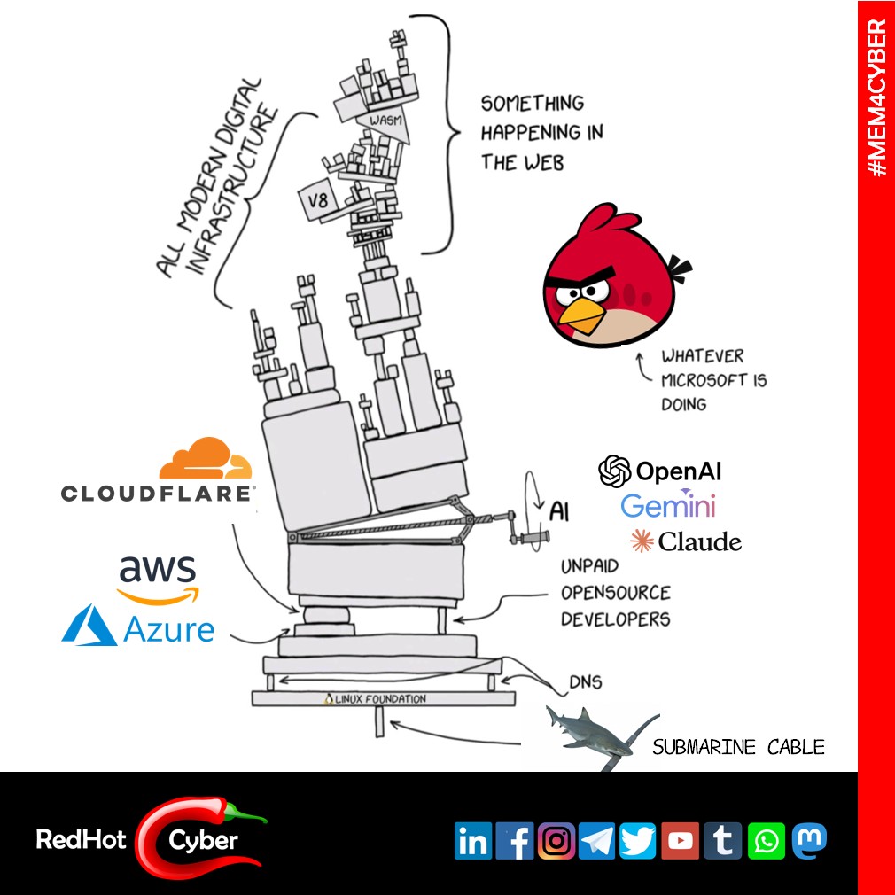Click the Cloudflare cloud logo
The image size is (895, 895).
click(206, 460)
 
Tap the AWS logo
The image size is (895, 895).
click(159, 577)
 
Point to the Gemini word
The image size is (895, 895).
click(667, 506)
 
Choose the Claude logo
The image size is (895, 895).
click(685, 541)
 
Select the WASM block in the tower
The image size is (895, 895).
click(383, 120)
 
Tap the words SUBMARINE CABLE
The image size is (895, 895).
click(738, 747)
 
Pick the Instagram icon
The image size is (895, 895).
click(556, 841)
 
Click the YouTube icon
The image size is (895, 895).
click(681, 841)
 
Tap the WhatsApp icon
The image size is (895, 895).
click(766, 841)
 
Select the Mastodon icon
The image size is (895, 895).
click(807, 839)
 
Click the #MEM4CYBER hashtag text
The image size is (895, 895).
click(876, 97)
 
